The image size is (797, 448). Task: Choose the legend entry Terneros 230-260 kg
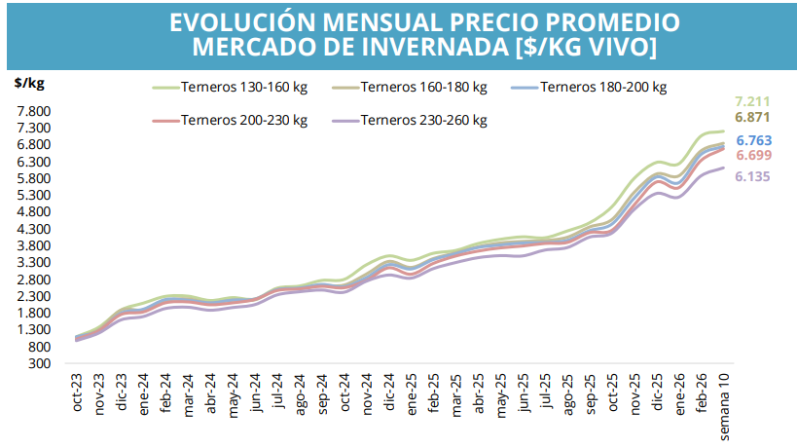tap(423, 121)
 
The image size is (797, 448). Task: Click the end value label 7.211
tap(754, 101)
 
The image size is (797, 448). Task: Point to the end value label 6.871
tap(754, 117)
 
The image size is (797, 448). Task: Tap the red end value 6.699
tap(754, 156)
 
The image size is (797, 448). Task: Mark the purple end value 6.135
tap(754, 178)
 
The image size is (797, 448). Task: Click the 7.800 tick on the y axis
tap(33, 111)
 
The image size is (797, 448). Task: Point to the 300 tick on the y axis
tap(39, 364)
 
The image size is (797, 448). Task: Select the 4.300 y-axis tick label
tap(33, 229)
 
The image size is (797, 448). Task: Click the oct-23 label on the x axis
tap(79, 392)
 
